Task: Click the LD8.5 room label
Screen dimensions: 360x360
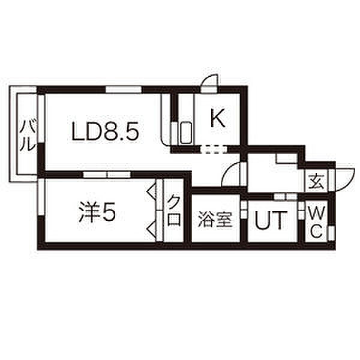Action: (106, 131)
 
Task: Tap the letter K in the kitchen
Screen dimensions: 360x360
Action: (218, 118)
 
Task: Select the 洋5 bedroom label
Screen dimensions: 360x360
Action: (97, 212)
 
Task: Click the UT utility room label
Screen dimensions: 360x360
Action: (271, 221)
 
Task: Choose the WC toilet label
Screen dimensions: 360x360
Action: (317, 222)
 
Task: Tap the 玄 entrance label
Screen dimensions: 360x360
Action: (316, 181)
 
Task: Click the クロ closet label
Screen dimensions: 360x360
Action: (174, 211)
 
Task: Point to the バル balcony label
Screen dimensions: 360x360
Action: (28, 136)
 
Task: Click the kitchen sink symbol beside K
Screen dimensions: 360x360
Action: (186, 133)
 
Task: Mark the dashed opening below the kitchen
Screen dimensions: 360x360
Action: (214, 149)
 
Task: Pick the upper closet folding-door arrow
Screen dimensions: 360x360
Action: (151, 191)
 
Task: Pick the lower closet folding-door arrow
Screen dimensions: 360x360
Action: (151, 230)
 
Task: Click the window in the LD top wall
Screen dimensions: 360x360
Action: (124, 89)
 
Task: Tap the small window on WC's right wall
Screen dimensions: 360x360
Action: (331, 233)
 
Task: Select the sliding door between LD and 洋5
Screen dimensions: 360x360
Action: (107, 175)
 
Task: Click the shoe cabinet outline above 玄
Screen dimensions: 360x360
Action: (287, 158)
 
